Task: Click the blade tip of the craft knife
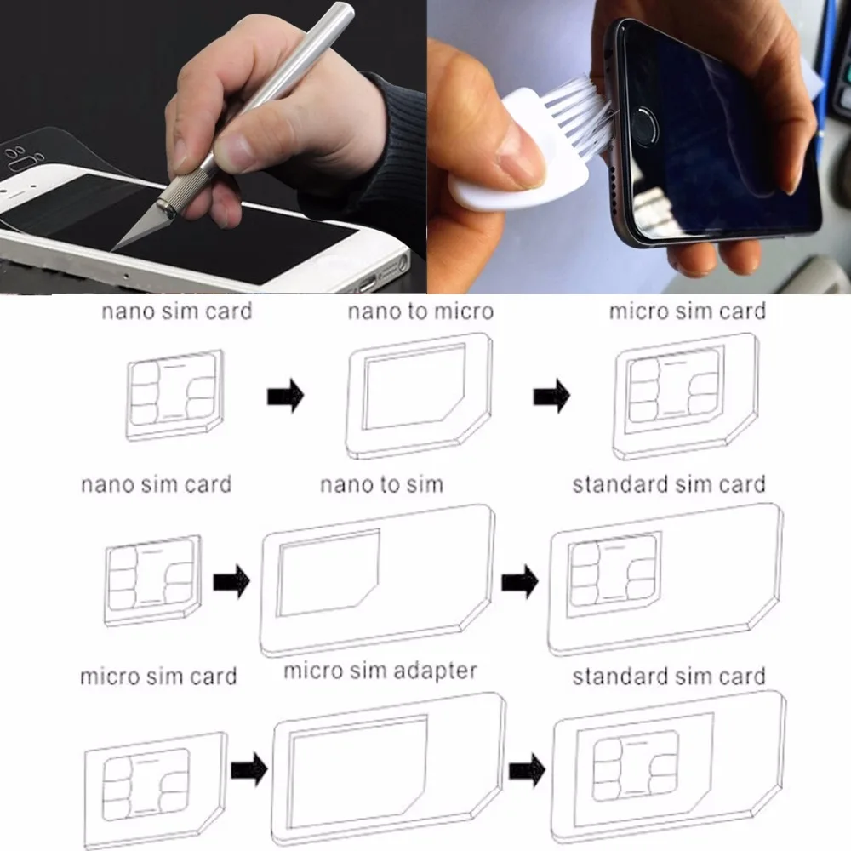pyautogui.click(x=112, y=250)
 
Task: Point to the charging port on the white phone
pyautogui.click(x=367, y=283)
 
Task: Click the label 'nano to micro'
pyautogui.click(x=420, y=311)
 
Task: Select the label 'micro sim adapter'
pyautogui.click(x=380, y=671)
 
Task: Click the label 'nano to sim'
pyautogui.click(x=381, y=484)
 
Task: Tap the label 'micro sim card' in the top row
pyautogui.click(x=687, y=311)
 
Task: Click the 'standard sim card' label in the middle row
pyautogui.click(x=669, y=484)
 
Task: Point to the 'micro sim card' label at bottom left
pyautogui.click(x=158, y=677)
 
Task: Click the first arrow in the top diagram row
pyautogui.click(x=285, y=396)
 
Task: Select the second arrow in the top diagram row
pyautogui.click(x=551, y=396)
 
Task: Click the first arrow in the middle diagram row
pyautogui.click(x=231, y=581)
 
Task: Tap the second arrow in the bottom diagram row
pyautogui.click(x=527, y=769)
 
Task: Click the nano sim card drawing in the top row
pyautogui.click(x=174, y=395)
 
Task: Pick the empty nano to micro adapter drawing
pyautogui.click(x=419, y=396)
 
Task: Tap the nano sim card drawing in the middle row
pyautogui.click(x=152, y=580)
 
